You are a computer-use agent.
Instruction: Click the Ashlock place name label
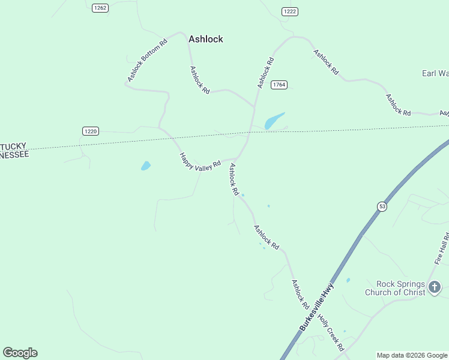click(205, 39)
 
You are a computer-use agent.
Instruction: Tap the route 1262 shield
click(100, 7)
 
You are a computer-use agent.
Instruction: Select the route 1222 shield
click(290, 11)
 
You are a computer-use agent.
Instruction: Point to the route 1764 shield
click(279, 85)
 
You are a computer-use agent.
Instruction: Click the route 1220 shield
click(90, 131)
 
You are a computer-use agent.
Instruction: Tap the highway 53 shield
click(382, 206)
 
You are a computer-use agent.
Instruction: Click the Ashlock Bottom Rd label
click(146, 61)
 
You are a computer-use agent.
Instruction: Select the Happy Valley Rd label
click(200, 163)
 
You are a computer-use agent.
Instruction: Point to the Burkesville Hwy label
click(316, 307)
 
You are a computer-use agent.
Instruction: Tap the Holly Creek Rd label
click(331, 333)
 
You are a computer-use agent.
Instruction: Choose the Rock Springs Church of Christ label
click(400, 288)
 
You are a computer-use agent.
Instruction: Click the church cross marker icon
click(435, 288)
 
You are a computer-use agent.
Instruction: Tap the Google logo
click(20, 353)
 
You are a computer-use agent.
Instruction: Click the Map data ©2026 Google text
click(412, 355)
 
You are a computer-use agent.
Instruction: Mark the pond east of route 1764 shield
click(274, 121)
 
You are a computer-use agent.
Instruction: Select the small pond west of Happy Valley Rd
click(145, 166)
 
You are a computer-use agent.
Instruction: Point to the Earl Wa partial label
click(435, 73)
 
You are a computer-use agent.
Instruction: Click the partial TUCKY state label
click(13, 146)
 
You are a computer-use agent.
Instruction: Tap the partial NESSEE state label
click(14, 154)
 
